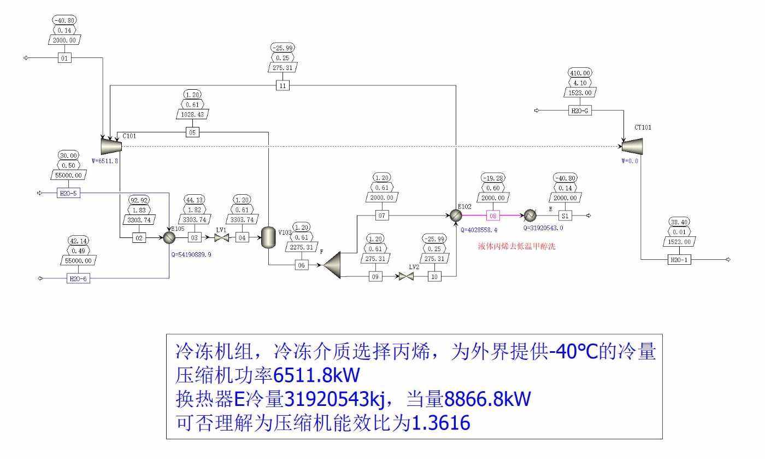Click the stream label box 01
65,57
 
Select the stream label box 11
283,85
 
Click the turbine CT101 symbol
632,146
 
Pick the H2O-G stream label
580,111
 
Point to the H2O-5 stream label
68,193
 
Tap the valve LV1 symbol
221,238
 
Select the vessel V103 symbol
268,237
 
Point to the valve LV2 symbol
405,277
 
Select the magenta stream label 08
493,216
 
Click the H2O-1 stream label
679,259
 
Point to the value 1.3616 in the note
440,422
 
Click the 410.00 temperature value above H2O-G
580,73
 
